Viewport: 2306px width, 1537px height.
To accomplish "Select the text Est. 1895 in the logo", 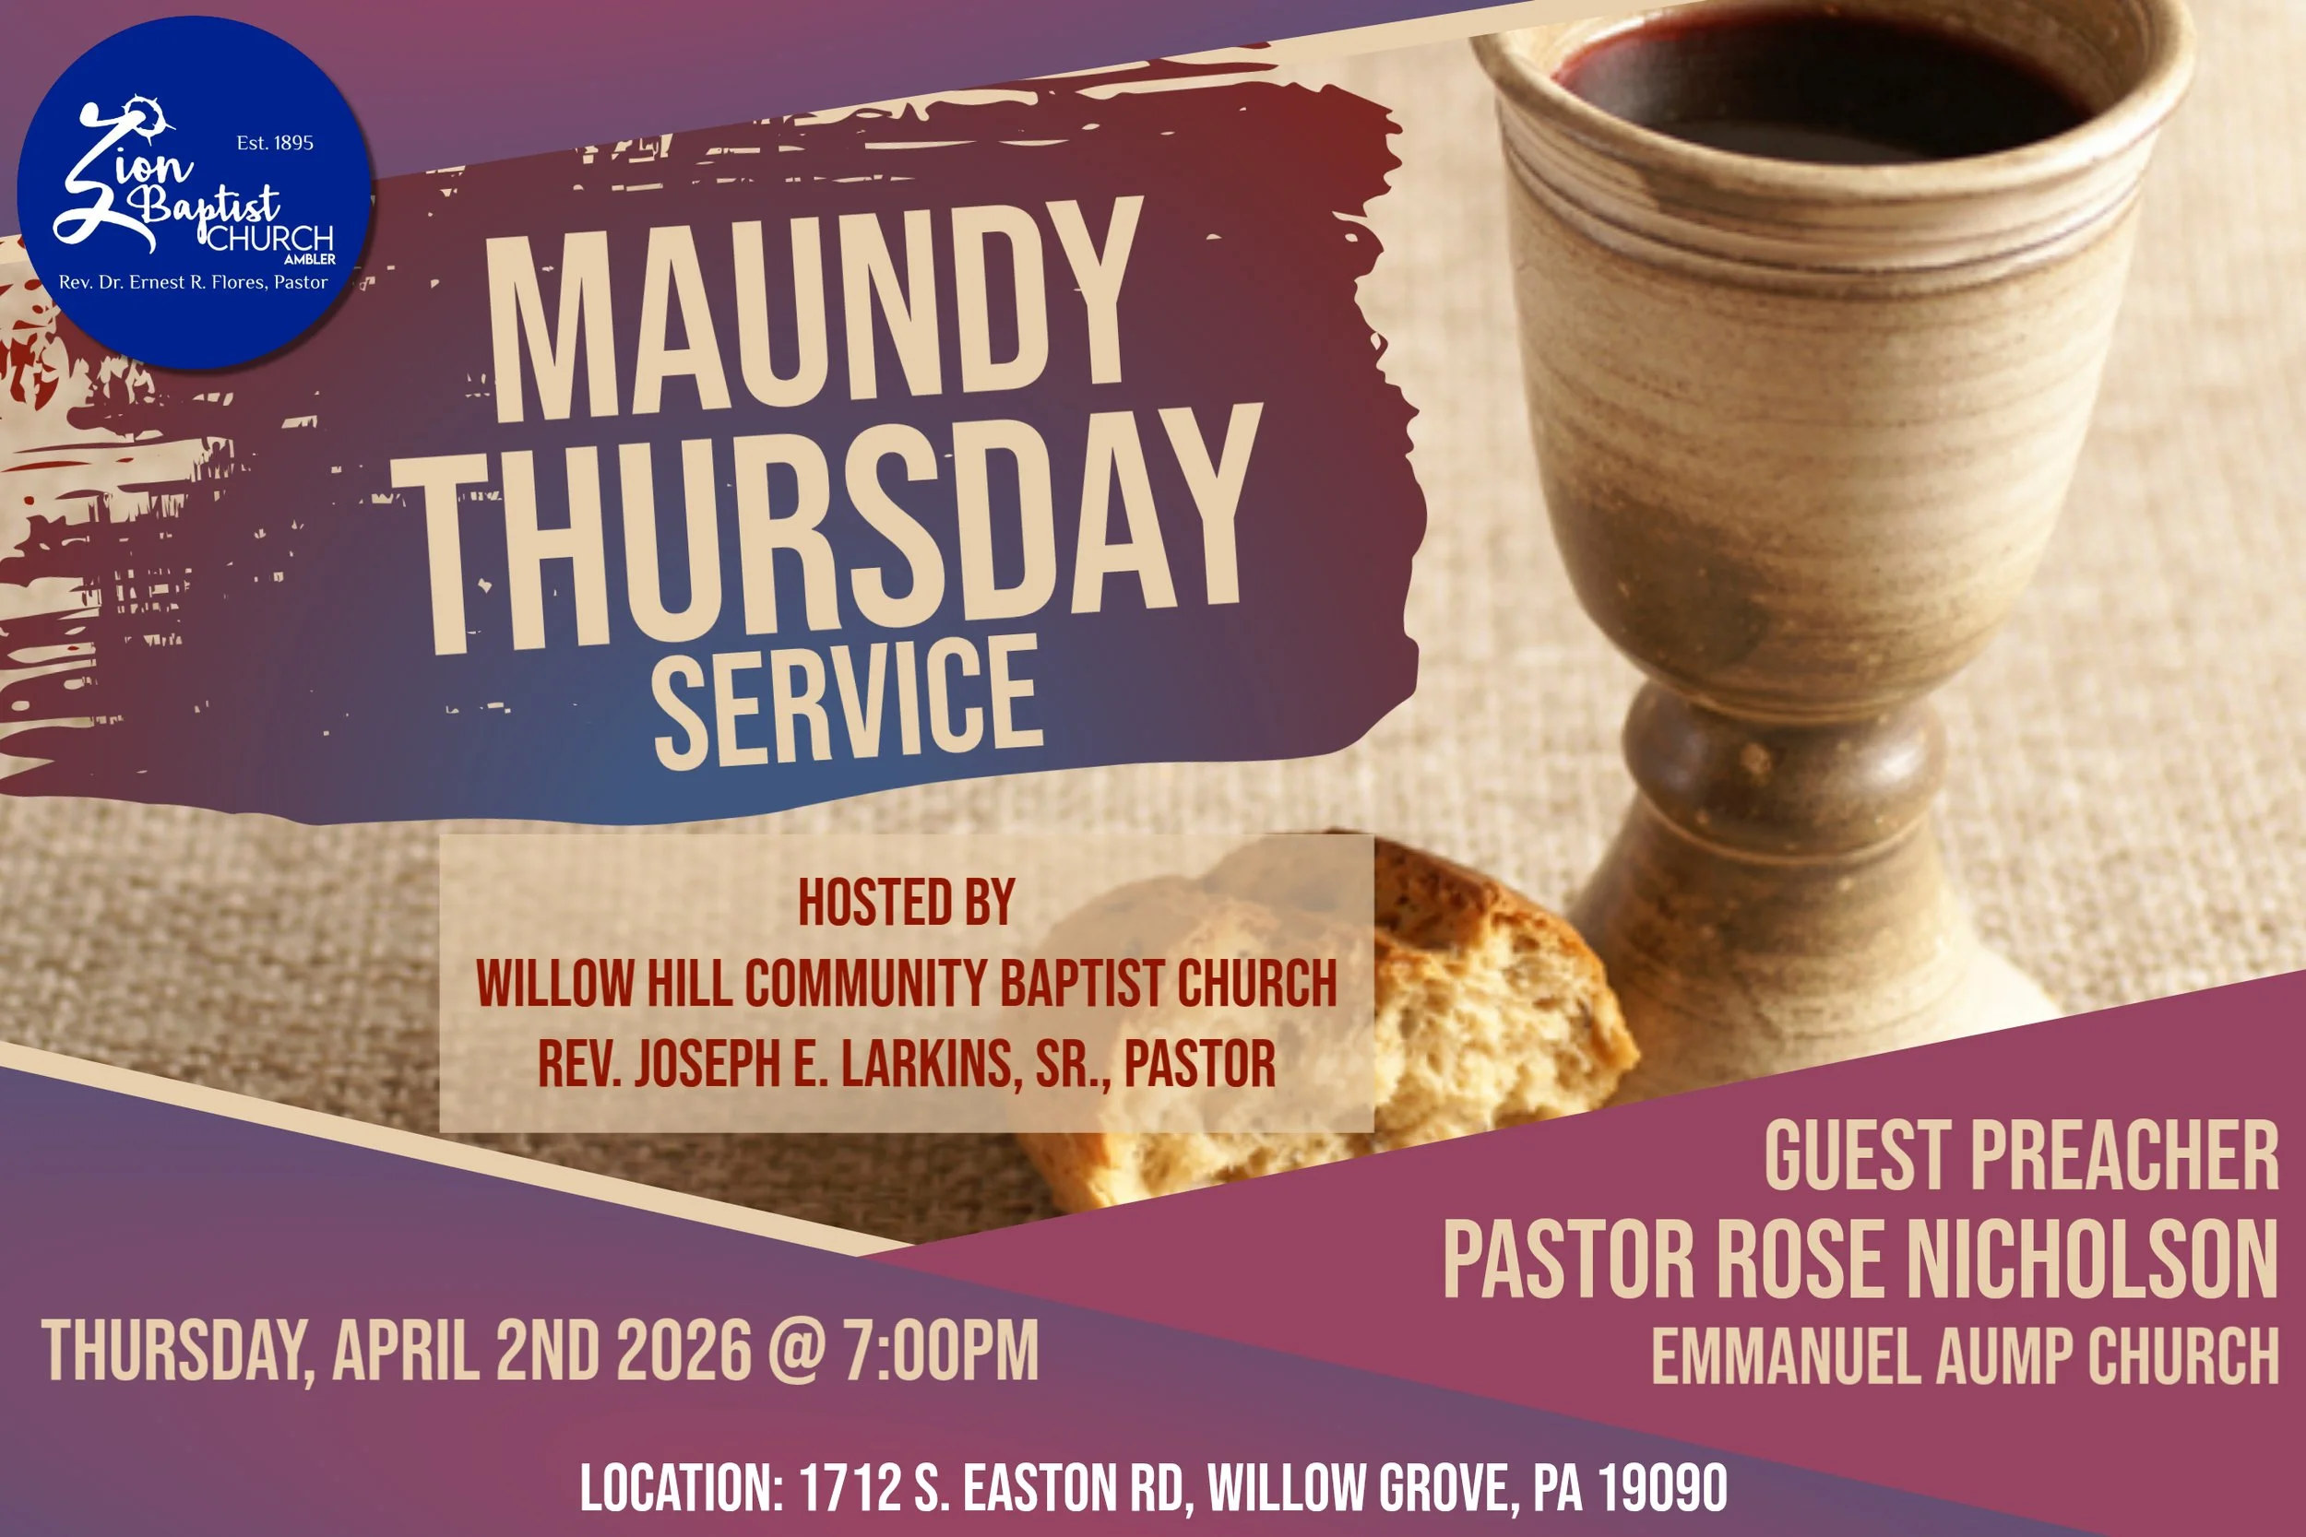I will (x=275, y=143).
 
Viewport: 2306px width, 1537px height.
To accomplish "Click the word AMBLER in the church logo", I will (x=310, y=260).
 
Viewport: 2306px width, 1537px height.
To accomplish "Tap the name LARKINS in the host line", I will (x=925, y=1064).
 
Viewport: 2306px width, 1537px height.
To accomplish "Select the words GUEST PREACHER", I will (x=2021, y=1157).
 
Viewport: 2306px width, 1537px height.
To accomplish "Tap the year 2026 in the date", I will (x=683, y=1351).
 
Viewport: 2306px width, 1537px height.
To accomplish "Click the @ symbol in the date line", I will (x=796, y=1351).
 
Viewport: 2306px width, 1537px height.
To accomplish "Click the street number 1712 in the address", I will (x=849, y=1488).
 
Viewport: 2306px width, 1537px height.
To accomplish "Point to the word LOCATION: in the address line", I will (x=681, y=1488).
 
